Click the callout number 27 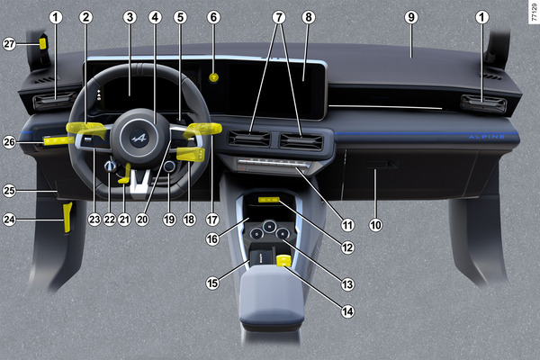click(9, 44)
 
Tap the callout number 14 click(347, 311)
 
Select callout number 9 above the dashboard click(411, 17)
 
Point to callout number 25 click(9, 191)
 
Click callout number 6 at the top click(213, 17)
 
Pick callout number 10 click(375, 225)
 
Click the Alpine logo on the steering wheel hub click(139, 139)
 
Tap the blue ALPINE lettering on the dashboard click(487, 137)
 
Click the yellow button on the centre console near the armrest click(283, 261)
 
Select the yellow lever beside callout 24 click(67, 218)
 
